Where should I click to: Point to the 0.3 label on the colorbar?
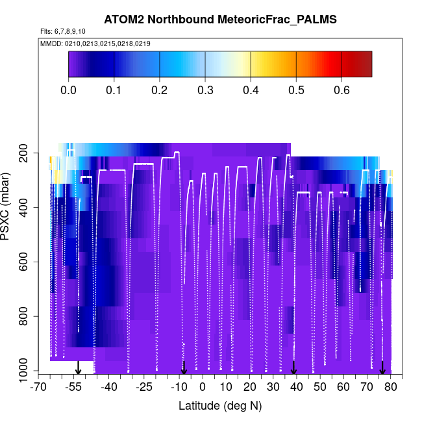tap(205, 90)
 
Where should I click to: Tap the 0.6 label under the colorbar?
tap(341, 90)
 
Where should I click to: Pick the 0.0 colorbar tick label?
tap(69, 90)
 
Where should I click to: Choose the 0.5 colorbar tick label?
tap(296, 90)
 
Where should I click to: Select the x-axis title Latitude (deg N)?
tap(220, 406)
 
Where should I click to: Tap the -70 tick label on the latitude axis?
tap(40, 388)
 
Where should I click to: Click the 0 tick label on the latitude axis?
tap(203, 388)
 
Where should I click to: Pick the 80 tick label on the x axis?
tap(390, 388)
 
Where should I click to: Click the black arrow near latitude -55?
tap(78, 368)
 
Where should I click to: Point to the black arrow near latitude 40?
tap(293, 368)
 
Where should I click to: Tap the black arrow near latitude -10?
tap(184, 368)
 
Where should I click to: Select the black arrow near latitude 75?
tap(382, 368)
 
